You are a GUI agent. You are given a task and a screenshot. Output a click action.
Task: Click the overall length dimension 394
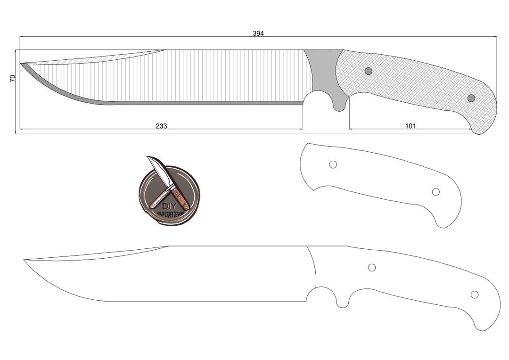(x=258, y=33)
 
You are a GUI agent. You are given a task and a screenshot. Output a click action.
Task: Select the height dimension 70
(x=13, y=78)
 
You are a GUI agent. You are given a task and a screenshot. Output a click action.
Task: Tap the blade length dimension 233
(x=161, y=126)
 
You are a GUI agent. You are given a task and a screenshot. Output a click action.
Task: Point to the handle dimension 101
(x=410, y=126)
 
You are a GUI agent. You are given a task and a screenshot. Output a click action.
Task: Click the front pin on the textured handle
(x=369, y=71)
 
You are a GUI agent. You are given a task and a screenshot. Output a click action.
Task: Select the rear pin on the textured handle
(x=471, y=98)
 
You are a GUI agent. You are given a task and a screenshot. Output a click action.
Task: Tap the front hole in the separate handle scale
(x=333, y=164)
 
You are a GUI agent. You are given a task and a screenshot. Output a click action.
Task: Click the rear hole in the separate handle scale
(x=436, y=192)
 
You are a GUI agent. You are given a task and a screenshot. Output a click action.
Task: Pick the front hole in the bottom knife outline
(x=372, y=268)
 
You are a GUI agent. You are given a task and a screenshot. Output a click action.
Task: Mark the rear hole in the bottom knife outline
(x=475, y=295)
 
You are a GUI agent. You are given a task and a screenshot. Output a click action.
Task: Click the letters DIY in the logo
(x=169, y=206)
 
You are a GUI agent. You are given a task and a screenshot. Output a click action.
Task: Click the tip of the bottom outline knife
(x=25, y=260)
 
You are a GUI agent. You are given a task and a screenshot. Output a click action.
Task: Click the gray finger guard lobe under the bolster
(x=339, y=105)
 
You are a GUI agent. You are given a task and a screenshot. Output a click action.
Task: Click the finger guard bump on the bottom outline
(x=342, y=302)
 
